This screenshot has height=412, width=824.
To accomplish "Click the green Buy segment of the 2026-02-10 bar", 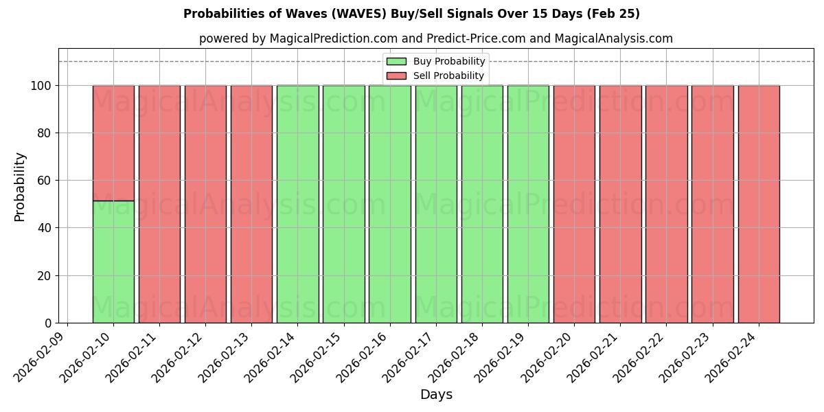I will pos(113,262).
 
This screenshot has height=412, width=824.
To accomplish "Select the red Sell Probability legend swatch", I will pos(396,76).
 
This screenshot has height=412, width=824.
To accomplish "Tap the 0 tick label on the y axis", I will pos(47,323).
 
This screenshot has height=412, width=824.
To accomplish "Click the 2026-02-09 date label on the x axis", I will pos(41,354).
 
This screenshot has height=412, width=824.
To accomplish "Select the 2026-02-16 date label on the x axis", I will pos(363,354).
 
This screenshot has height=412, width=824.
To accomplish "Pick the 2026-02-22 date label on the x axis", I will pos(640,354).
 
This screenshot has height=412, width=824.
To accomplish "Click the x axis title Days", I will pos(436,395).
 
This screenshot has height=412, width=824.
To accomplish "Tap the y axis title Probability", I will pos(20,186).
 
